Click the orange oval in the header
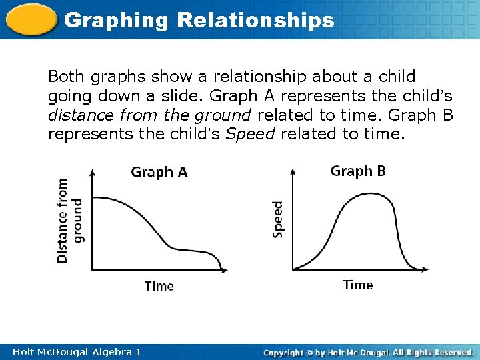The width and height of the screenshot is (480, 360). [x=29, y=19]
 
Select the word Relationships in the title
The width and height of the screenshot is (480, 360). [x=255, y=20]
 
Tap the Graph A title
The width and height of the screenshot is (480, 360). [x=159, y=172]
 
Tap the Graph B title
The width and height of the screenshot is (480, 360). [x=357, y=171]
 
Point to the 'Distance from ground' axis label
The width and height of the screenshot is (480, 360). [x=69, y=219]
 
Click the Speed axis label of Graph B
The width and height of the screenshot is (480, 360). [x=277, y=219]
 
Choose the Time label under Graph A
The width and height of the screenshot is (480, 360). [x=159, y=286]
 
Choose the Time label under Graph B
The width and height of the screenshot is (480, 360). [x=357, y=285]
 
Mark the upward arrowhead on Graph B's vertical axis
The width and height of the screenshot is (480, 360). [x=292, y=171]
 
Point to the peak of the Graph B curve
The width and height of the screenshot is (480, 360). [x=361, y=194]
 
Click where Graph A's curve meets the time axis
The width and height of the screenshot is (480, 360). [x=222, y=270]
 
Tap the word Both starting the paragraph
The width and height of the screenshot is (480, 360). [x=65, y=77]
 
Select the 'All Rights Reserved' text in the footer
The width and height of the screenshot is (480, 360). [x=433, y=351]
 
